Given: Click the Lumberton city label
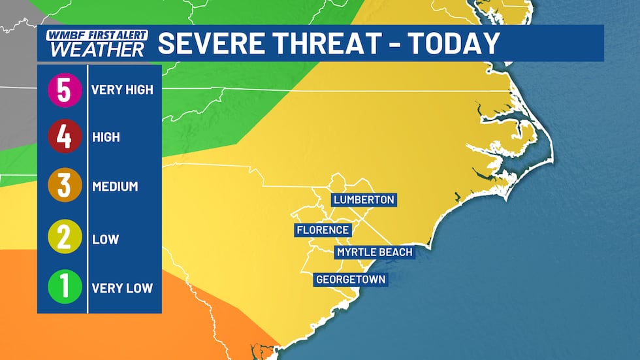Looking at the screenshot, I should coord(364,200).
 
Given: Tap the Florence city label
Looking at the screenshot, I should coord(323,230).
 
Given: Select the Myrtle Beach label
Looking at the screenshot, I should coord(375,252).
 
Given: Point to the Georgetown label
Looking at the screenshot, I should coord(351,280).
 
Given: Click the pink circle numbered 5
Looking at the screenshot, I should coord(64,90).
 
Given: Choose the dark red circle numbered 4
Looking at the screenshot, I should coord(64,138).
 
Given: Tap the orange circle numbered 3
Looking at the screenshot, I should coord(64,186).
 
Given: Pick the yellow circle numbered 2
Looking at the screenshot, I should coord(64,238).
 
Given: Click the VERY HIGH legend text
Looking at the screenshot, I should coord(122,90).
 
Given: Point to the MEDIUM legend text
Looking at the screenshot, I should coord(115,186).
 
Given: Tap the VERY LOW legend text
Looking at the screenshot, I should coord(122,287).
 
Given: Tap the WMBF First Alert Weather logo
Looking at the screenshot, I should coord(96,43).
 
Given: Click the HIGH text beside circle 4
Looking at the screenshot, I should coord(106,138).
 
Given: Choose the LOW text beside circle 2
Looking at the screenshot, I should coord(105,238).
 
